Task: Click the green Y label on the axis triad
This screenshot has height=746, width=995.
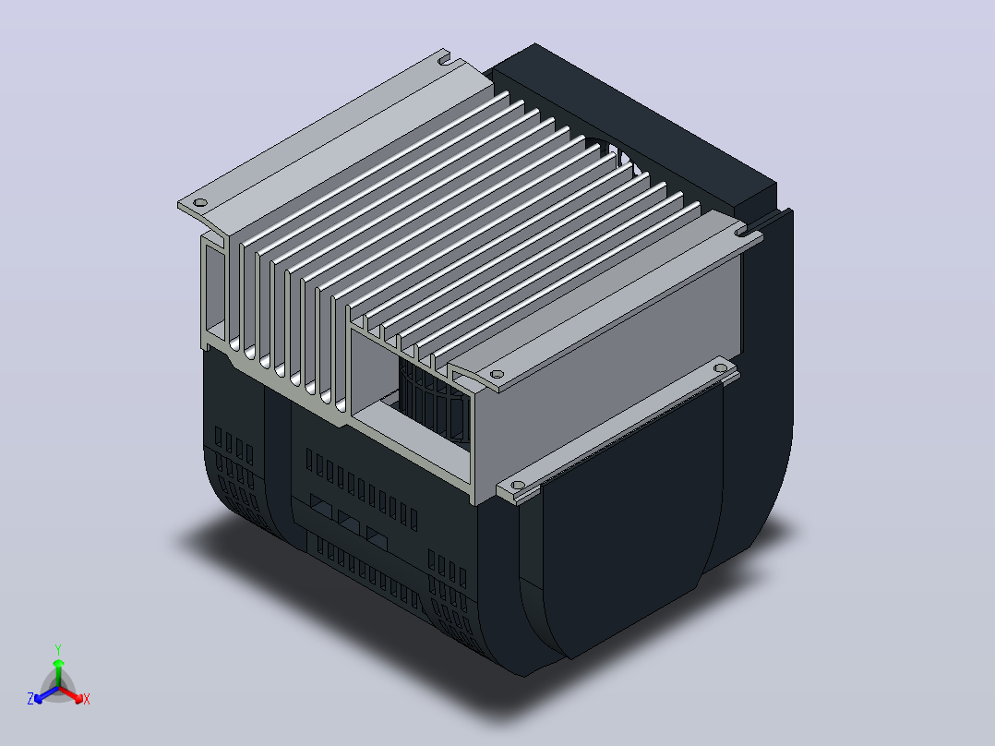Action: [58, 649]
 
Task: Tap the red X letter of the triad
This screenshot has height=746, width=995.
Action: [87, 699]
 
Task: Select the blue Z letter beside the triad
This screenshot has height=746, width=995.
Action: [30, 698]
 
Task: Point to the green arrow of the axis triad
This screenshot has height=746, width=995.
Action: [58, 672]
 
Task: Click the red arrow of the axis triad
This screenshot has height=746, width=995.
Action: [72, 694]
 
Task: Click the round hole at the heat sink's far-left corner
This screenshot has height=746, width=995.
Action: [200, 203]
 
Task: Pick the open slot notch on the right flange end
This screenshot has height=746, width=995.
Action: [740, 234]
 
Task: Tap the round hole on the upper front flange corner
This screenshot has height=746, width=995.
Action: [497, 375]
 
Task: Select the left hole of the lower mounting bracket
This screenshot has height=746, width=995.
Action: [517, 486]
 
